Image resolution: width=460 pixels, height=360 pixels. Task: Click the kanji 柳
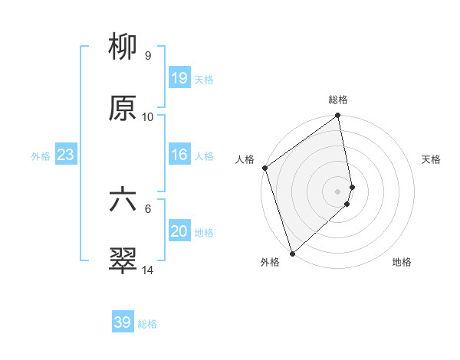pos(123,47)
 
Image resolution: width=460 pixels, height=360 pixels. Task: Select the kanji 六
pos(123,199)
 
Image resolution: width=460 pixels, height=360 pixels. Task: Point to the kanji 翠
pos(123,260)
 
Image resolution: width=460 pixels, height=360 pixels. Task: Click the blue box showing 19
pos(179,77)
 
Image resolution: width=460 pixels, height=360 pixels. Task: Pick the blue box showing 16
pos(179,155)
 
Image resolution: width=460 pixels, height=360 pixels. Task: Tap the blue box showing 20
pos(179,231)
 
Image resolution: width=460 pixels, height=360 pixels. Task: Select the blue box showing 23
pos(65,155)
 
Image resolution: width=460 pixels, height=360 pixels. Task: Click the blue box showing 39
pos(123,322)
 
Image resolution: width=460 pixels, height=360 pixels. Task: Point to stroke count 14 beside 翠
pos(147,270)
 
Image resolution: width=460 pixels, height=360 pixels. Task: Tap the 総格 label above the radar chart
pos(338,100)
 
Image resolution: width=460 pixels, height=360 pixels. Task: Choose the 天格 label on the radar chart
pos(432,159)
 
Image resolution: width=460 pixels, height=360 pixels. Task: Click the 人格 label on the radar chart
pos(245,159)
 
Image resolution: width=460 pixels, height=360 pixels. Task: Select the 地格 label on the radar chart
pos(402,262)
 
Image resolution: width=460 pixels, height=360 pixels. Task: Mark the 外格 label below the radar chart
pos(270,262)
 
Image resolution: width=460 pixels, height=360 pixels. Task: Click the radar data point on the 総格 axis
pos(338,116)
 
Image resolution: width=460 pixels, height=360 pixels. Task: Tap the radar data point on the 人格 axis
pos(264,168)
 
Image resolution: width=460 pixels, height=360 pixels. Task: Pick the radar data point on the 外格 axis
pos(292,253)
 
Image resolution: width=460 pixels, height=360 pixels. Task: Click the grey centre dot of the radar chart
pos(338,191)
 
